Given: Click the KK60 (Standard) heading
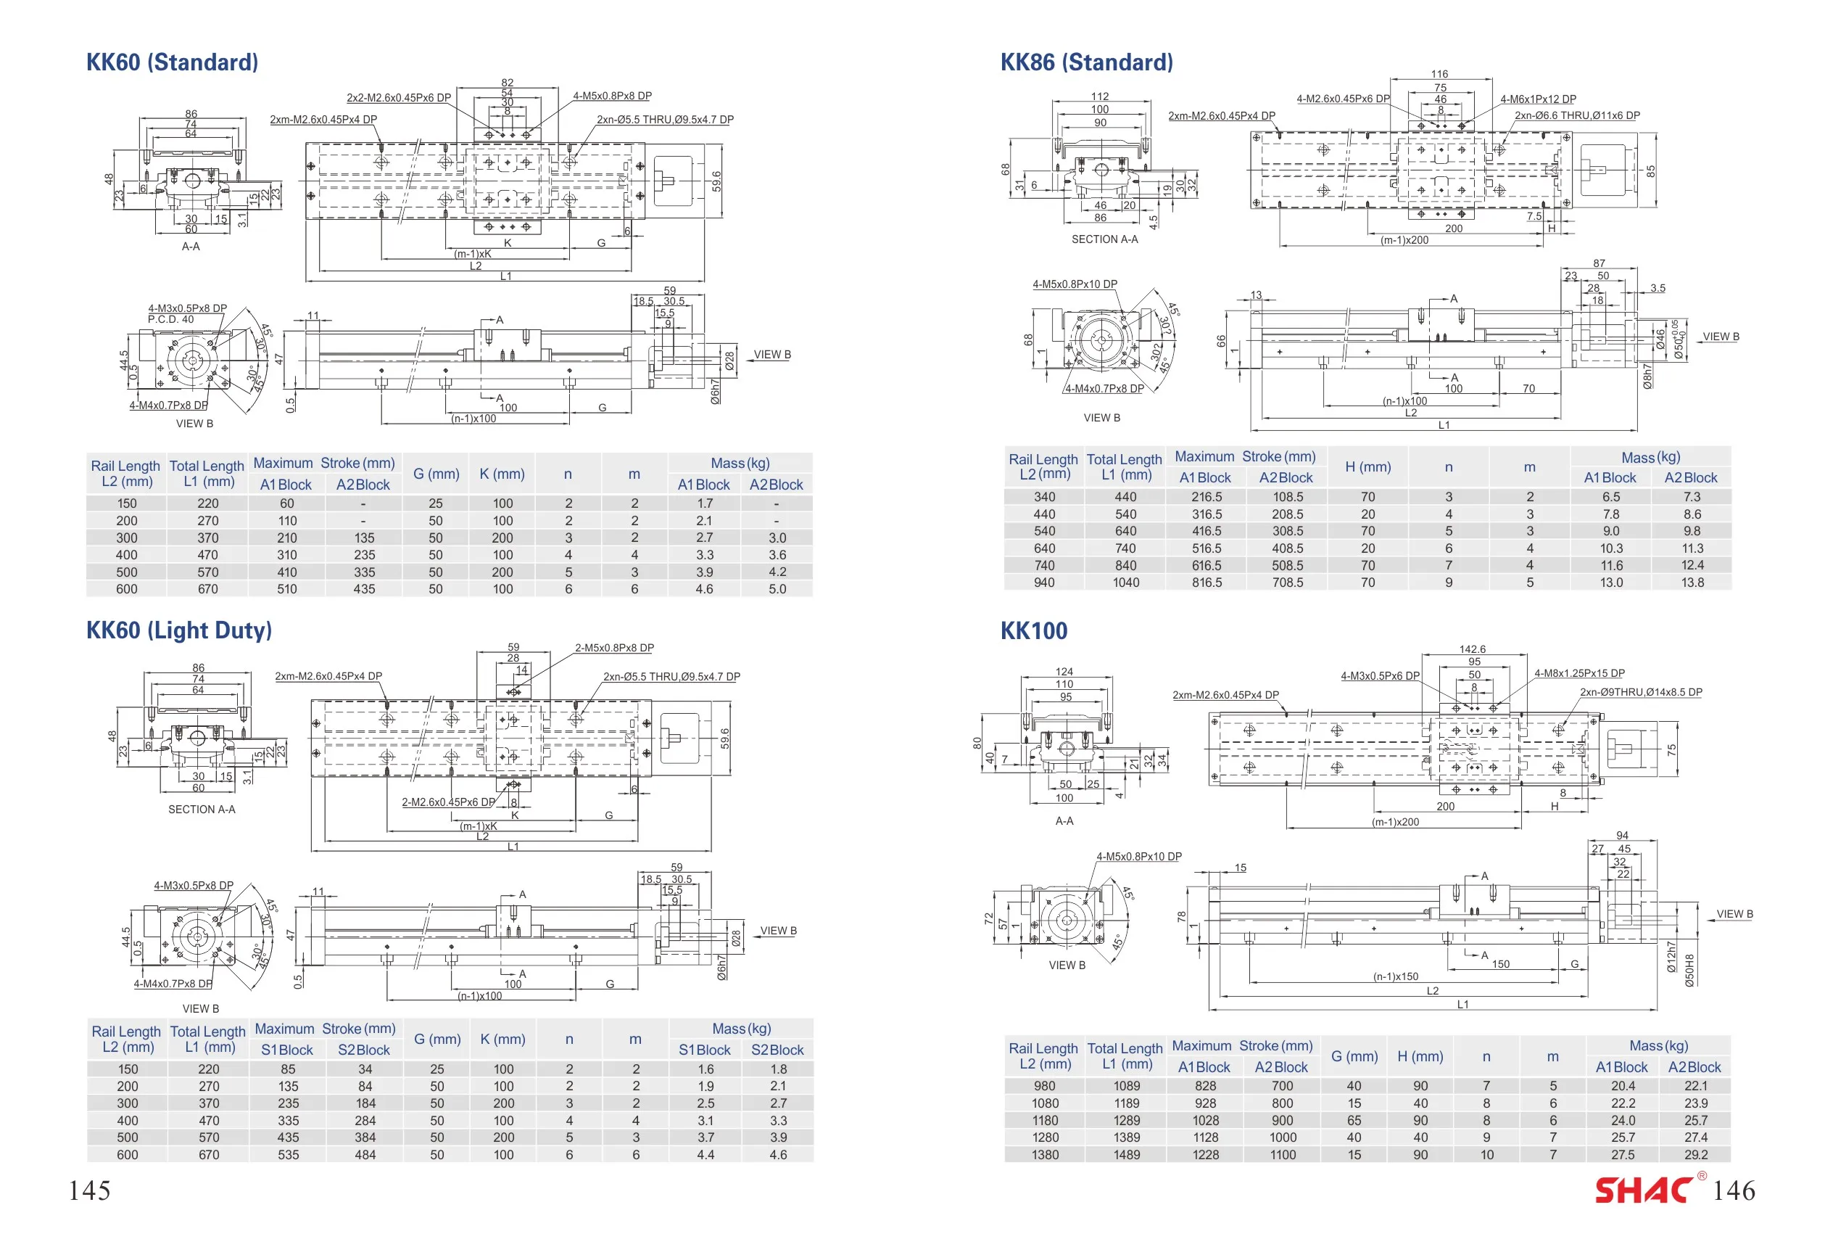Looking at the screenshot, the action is click(172, 63).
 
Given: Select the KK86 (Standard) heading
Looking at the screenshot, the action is click(1087, 63).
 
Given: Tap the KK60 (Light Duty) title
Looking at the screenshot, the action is click(179, 631).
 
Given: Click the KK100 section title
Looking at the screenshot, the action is click(1033, 631).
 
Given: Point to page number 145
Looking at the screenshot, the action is click(89, 1190).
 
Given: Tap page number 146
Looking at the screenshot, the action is click(1734, 1190).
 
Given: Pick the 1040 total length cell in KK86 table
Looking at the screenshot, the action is click(1125, 583).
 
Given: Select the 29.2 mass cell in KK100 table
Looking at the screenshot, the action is click(1695, 1155).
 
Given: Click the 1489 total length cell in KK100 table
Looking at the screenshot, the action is click(1126, 1155).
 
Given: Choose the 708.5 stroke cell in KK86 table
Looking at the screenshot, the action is click(1288, 583).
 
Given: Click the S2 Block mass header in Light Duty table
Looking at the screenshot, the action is click(777, 1050).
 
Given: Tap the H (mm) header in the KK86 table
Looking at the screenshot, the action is click(1368, 466).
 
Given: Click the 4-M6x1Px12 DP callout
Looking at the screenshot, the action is click(1538, 99).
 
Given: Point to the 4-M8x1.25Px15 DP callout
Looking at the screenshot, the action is click(1579, 673).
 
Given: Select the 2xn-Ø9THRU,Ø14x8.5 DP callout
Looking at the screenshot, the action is click(1640, 692).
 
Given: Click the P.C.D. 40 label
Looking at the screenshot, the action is click(170, 319).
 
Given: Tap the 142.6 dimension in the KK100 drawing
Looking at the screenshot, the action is click(1473, 649).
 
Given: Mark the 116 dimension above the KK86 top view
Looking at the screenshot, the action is click(1439, 74).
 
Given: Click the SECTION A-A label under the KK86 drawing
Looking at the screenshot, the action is click(1104, 239).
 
